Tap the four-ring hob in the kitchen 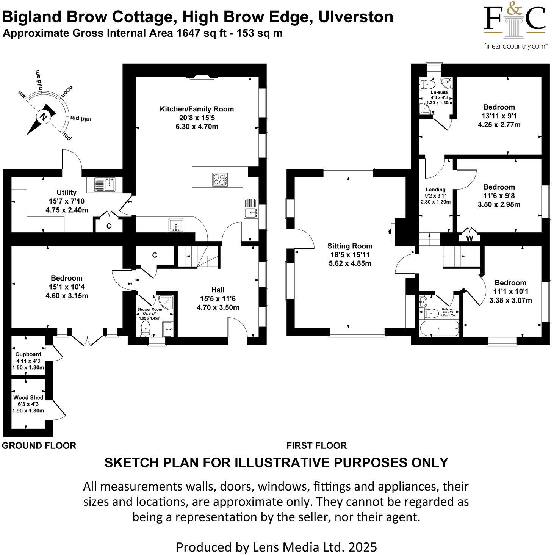point(220,179)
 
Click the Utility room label point(66,193)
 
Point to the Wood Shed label point(28,397)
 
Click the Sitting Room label point(350,246)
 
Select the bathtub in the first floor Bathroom point(440,328)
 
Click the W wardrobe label point(469,238)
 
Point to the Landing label point(435,190)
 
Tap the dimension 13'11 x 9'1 point(499,116)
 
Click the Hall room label point(218,290)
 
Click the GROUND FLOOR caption point(39,445)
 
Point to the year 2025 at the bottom point(363,547)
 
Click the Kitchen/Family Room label point(197,109)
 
